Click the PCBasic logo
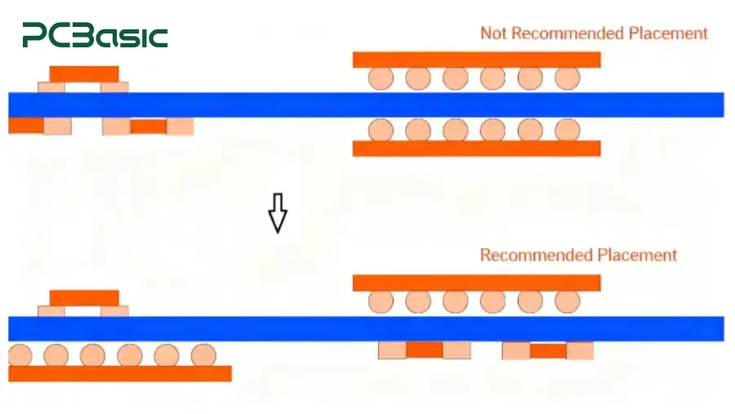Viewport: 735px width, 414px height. (96, 35)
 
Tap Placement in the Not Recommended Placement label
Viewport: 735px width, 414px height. (667, 33)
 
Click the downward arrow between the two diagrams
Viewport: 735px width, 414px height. (278, 213)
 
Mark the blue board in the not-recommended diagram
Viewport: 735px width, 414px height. (366, 105)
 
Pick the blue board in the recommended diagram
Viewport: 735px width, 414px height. (366, 328)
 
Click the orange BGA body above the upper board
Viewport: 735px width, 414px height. (477, 60)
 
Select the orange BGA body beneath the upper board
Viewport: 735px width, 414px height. (477, 148)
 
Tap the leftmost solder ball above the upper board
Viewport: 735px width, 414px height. (381, 78)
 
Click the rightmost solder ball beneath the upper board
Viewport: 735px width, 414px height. (568, 130)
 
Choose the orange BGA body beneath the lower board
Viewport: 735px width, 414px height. (120, 374)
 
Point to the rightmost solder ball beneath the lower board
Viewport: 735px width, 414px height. (203, 355)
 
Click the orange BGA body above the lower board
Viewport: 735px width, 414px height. (477, 283)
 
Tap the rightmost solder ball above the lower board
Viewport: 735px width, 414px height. (568, 301)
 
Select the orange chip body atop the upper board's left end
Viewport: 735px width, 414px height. (84, 74)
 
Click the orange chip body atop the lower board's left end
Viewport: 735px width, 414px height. (84, 298)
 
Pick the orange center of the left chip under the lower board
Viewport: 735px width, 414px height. (424, 349)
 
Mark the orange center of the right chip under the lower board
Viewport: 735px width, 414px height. (548, 350)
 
